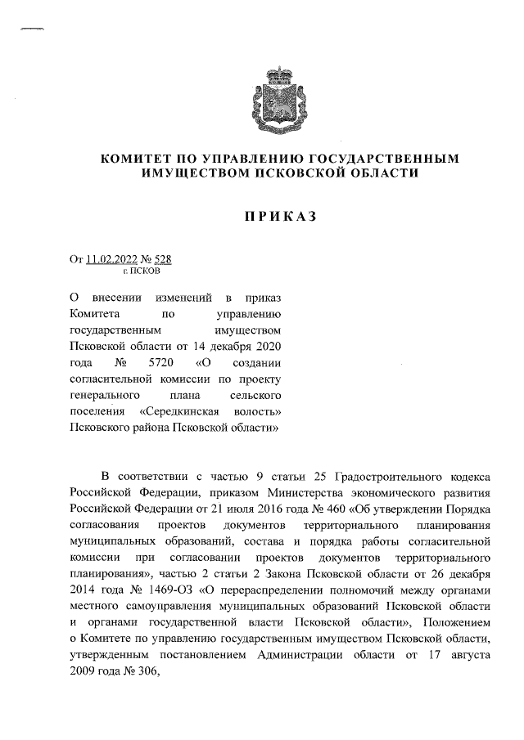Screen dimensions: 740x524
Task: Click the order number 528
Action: [x=162, y=260]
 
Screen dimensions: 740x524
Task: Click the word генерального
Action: [x=106, y=394]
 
